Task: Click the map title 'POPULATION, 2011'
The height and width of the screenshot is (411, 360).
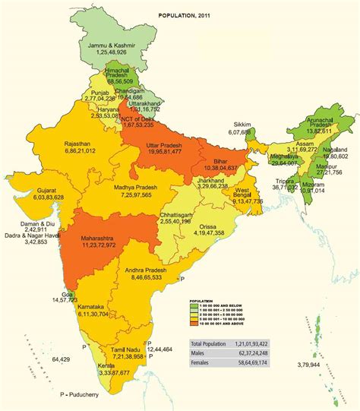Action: [x=186, y=15]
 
